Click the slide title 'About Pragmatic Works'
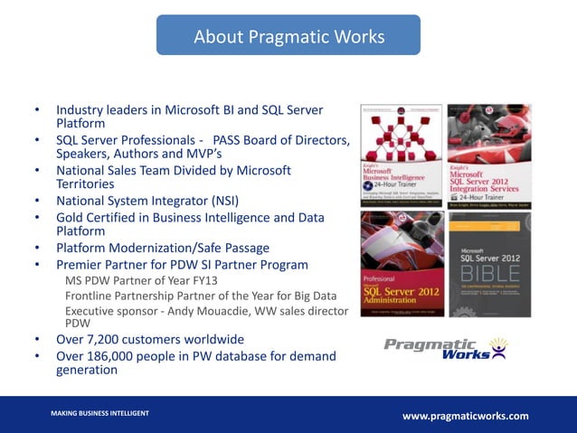288,37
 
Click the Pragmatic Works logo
445,348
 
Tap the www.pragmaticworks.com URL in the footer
465,416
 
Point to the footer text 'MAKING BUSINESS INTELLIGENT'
99,413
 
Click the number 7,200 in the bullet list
109,340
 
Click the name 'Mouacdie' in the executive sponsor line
235,311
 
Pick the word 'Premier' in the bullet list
80,264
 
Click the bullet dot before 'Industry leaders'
37,109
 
